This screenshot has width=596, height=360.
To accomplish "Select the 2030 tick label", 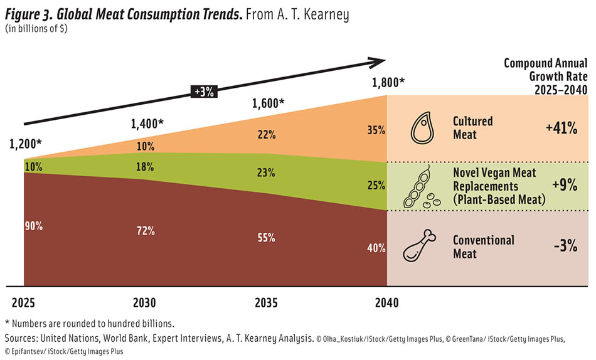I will tap(146, 303).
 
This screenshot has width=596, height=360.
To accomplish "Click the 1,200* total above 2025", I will tap(26, 144).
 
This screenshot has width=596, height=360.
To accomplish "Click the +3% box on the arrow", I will tap(203, 91).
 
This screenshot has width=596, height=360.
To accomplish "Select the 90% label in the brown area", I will tap(33, 226).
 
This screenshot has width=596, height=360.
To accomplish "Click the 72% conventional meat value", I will tap(146, 231).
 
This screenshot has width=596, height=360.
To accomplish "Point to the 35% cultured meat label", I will tap(376, 131).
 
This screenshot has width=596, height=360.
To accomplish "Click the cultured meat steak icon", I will tap(422, 128).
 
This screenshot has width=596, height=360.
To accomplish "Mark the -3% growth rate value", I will tap(565, 246).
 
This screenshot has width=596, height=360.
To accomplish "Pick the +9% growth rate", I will tap(565, 186).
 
